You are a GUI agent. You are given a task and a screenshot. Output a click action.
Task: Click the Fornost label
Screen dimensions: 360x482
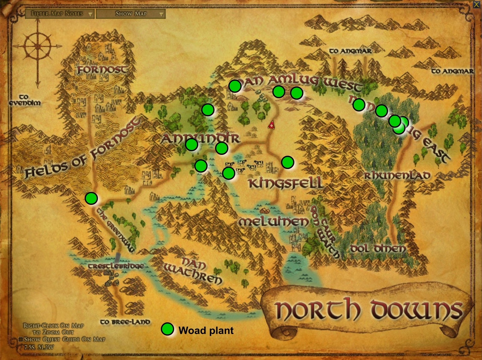(x=102, y=70)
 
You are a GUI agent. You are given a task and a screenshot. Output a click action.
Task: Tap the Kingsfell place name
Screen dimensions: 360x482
(x=285, y=183)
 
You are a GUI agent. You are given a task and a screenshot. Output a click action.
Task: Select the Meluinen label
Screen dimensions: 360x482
(x=274, y=222)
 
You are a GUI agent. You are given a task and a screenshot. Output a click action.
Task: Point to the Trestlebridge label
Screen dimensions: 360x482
(x=116, y=266)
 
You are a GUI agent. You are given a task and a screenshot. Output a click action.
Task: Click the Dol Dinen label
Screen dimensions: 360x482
(x=378, y=249)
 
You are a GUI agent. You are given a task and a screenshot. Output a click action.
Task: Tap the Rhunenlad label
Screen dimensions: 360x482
(x=397, y=176)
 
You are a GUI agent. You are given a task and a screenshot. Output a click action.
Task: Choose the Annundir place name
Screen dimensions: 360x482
(x=200, y=139)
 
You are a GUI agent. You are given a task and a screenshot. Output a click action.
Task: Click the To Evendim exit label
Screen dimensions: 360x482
(x=24, y=100)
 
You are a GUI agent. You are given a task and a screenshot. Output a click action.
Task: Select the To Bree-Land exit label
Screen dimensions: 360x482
(x=125, y=322)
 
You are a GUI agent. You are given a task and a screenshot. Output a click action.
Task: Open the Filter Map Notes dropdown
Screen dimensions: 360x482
(x=60, y=14)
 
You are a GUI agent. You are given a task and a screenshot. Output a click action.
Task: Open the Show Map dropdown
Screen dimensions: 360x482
(x=131, y=14)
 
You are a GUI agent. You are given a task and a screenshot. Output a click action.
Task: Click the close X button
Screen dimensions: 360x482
(x=476, y=5)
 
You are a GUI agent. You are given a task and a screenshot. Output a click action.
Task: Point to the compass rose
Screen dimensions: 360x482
(x=38, y=47)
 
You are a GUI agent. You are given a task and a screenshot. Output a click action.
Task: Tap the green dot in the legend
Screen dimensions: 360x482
(x=167, y=329)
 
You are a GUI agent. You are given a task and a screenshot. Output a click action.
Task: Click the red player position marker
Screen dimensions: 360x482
(x=271, y=125)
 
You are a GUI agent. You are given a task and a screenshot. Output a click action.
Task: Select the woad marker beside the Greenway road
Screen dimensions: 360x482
(x=91, y=198)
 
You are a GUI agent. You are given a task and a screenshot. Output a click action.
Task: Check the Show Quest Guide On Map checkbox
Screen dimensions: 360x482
(x=21, y=340)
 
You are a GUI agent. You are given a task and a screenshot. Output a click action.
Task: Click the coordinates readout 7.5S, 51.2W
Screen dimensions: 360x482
(x=39, y=347)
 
